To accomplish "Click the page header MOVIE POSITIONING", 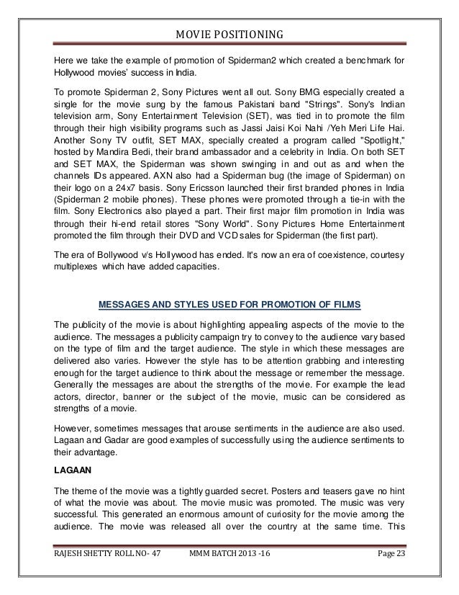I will coord(229,35).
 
